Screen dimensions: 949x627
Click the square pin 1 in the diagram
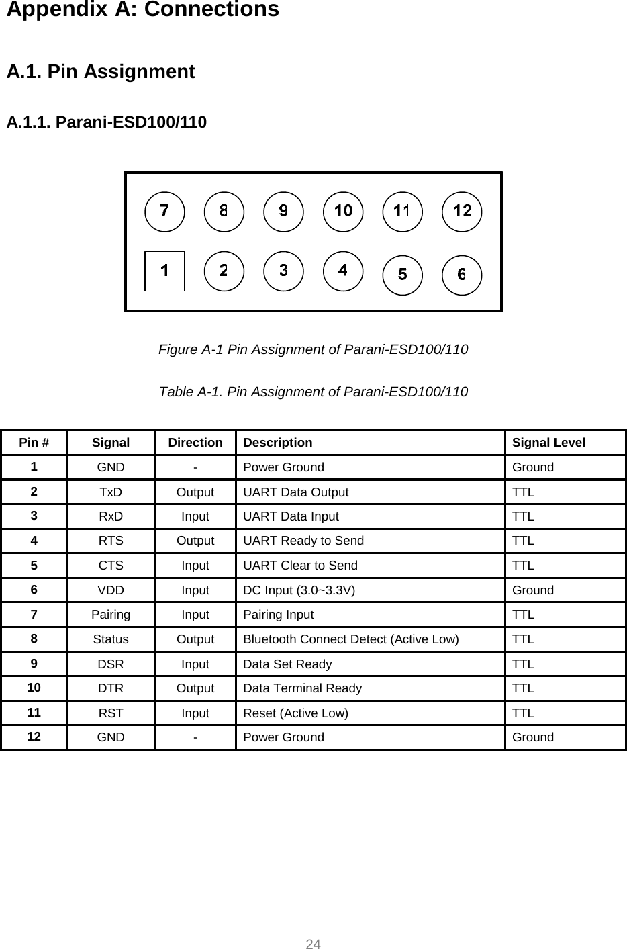(164, 271)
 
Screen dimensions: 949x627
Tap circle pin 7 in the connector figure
(164, 212)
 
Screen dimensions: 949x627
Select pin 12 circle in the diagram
(462, 212)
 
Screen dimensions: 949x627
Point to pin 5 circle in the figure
(402, 275)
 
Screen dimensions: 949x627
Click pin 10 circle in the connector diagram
(343, 212)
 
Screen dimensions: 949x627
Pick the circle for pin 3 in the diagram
(283, 271)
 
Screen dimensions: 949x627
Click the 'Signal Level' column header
(548, 443)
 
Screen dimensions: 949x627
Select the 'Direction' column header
(195, 443)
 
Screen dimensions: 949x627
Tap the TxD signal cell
(111, 492)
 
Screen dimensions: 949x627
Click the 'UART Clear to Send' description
(300, 566)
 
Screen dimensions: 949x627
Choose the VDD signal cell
(111, 590)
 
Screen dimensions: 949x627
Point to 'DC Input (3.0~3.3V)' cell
(299, 590)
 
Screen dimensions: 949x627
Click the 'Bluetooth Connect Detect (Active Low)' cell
(351, 639)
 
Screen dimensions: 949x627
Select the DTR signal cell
(111, 688)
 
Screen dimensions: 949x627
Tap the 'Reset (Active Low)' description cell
(295, 713)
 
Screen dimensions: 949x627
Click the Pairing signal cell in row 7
(111, 615)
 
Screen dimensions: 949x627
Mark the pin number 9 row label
(34, 664)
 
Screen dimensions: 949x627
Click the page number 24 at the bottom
(313, 944)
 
